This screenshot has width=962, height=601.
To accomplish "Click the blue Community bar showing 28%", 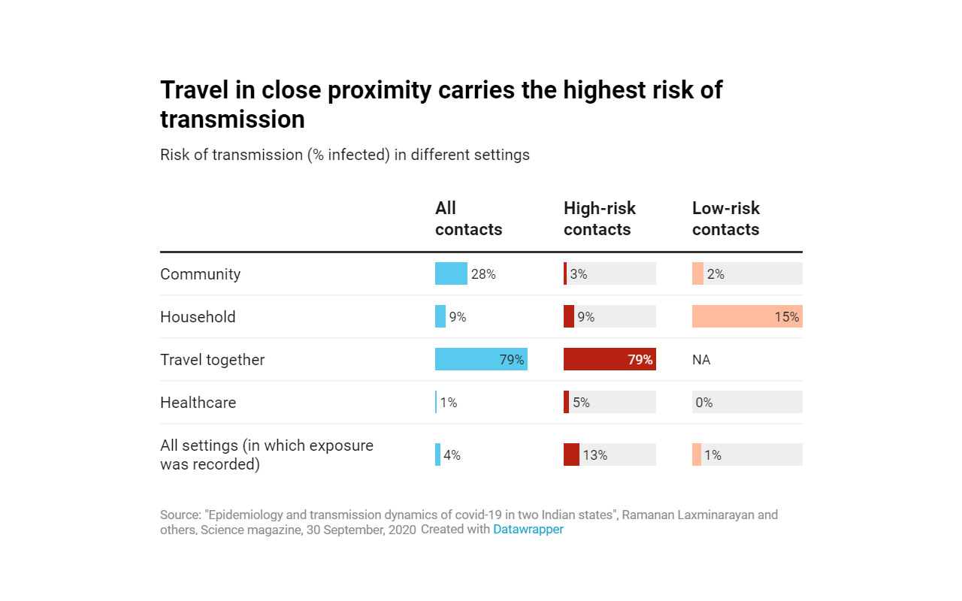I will (x=451, y=273).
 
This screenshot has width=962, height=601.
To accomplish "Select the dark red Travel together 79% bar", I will (x=610, y=359).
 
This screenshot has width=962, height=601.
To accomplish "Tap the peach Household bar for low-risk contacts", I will (x=747, y=316).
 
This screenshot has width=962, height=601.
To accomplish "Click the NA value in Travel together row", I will (x=701, y=360).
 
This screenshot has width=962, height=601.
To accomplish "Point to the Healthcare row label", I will (x=198, y=403).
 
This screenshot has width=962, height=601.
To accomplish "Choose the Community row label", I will (x=200, y=274).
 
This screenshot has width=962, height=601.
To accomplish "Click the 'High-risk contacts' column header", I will (x=599, y=219).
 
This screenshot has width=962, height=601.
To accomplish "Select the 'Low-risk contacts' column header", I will (x=725, y=219).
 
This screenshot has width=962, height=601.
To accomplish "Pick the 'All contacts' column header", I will (x=468, y=219).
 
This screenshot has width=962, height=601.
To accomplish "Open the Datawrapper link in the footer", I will (x=528, y=529).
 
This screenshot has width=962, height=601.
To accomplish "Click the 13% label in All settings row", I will (x=594, y=455).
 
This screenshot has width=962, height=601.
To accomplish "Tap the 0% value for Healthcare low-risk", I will (x=703, y=403).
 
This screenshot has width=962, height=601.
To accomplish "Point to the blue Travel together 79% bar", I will (x=481, y=359).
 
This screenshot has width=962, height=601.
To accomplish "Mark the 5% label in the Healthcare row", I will (x=581, y=403).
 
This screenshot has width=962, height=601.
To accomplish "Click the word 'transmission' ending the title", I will (x=232, y=119).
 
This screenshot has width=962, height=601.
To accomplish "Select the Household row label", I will (x=198, y=317).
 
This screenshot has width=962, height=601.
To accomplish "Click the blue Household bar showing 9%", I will (x=440, y=316).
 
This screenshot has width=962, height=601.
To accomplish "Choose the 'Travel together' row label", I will (x=212, y=360).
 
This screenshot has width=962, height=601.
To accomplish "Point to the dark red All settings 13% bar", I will (x=571, y=455).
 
